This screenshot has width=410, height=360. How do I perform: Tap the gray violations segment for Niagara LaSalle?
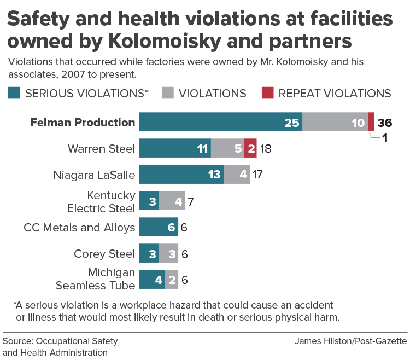point(237,175)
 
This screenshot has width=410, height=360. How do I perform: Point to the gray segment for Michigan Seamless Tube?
point(172,280)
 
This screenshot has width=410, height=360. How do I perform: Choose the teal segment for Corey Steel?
point(149,253)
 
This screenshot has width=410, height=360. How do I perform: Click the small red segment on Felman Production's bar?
point(371,122)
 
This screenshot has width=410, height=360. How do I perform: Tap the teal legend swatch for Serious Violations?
point(15,93)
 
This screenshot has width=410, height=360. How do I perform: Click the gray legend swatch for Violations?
point(168,93)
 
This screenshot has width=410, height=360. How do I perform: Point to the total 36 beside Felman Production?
point(385,123)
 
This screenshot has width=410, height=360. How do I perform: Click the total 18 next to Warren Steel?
point(265,148)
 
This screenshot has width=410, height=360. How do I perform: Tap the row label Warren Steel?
point(101,148)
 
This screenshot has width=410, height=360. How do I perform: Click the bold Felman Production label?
point(90,122)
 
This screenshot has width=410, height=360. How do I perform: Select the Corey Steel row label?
point(104,253)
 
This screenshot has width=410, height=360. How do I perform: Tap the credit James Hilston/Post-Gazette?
point(351,341)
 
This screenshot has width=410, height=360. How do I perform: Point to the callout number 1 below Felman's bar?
point(385,137)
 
